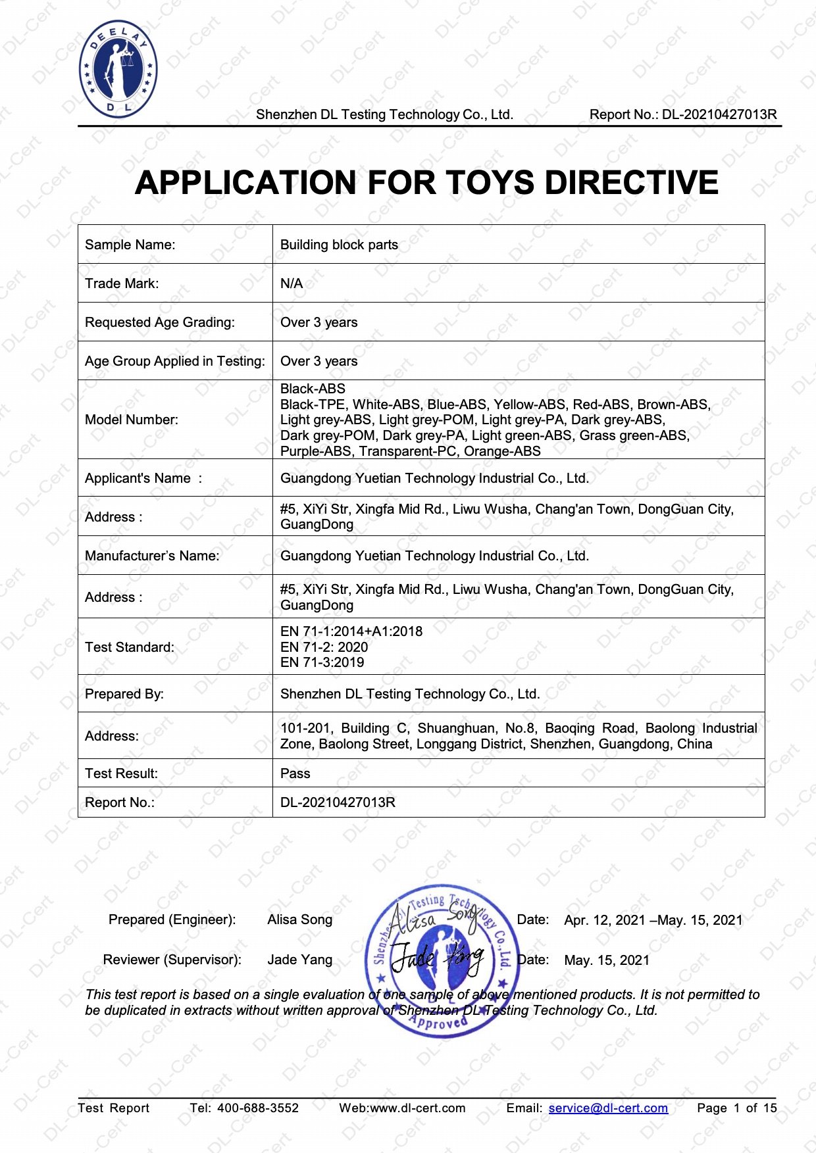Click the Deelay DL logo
[118, 69]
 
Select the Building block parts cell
[339, 245]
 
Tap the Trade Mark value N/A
[292, 283]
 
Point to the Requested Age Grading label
[160, 322]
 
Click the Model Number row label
[132, 420]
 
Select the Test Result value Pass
[295, 773]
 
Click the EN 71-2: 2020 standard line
[324, 647]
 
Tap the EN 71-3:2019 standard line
[322, 662]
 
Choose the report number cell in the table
[338, 802]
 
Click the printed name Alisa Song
[299, 920]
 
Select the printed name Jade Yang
[299, 960]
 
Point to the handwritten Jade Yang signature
[438, 958]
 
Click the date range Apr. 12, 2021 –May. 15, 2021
[653, 920]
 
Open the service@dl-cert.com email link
[608, 1108]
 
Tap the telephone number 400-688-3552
[257, 1108]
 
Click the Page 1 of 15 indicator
[736, 1108]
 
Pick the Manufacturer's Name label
[152, 556]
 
